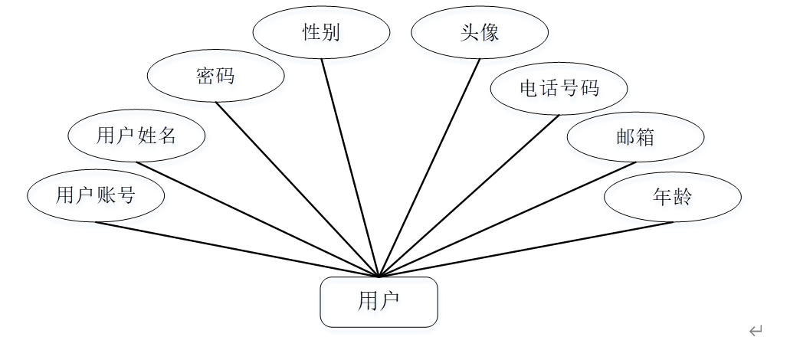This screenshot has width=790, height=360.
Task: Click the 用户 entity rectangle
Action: pos(379,302)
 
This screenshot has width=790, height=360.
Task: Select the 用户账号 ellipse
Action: pos(96,195)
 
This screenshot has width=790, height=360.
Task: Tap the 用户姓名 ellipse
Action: pos(136,136)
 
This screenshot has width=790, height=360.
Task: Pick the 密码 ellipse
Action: pos(215,77)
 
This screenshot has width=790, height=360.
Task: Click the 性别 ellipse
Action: pos(321,33)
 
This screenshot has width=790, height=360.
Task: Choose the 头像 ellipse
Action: pos(480,33)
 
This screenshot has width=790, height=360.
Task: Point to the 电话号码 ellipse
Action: pos(559,88)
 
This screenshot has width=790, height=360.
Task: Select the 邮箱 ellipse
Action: pos(635,137)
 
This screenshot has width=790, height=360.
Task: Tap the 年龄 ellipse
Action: pos(672,197)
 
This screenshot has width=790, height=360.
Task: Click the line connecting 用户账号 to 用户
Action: pos(238,249)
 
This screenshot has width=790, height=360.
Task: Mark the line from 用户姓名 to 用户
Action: pos(257,218)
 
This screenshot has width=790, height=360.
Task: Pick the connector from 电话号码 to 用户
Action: pos(469,195)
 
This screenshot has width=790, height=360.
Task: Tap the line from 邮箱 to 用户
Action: pos(507,218)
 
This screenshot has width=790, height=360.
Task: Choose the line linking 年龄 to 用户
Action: pos(526,249)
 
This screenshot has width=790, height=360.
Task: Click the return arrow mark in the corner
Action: pos(756,331)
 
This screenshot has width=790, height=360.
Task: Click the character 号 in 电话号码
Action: pos(569,88)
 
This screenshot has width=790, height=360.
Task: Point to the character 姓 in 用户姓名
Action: pos(147,136)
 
